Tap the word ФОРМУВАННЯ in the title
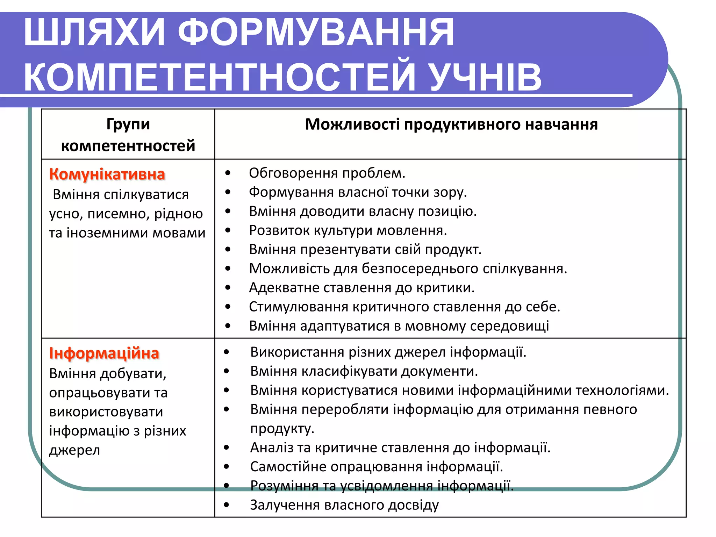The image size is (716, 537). point(316,32)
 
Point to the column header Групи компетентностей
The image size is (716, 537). point(128,135)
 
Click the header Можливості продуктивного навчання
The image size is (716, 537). point(451,124)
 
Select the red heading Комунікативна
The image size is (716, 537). point(107,174)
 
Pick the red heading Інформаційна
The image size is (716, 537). point(104,353)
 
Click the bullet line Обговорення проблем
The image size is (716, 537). point(327,173)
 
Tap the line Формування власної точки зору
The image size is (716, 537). point(358,192)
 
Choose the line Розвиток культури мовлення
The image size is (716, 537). point(348,230)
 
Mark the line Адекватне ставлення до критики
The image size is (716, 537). point(362,288)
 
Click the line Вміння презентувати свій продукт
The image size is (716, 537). point(365,250)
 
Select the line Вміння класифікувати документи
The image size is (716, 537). point(364,371)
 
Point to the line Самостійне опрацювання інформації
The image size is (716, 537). point(377,467)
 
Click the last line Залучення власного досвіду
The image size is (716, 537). point(344,505)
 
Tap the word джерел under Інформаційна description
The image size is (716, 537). point(74,450)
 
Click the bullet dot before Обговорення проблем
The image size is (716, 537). point(228,173)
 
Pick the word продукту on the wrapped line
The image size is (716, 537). point(282,429)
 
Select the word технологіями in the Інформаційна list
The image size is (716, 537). point(622,390)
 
